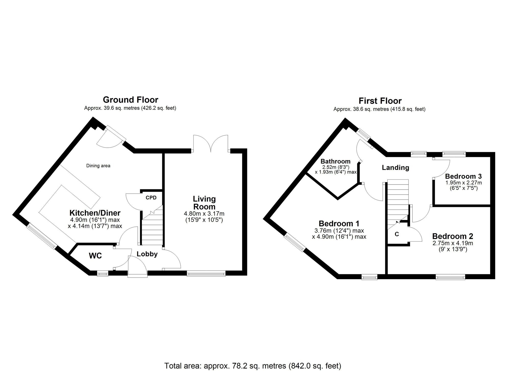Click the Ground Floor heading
click(130, 100)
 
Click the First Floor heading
click(380, 101)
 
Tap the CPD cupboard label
click(151, 197)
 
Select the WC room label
click(95, 256)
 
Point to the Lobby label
click(147, 254)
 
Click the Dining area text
click(98, 166)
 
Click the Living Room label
click(204, 203)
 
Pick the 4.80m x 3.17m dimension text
click(204, 214)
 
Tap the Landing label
click(395, 168)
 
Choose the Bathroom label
click(335, 161)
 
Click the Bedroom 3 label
click(463, 176)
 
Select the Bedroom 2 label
click(452, 236)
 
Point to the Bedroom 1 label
click(339, 224)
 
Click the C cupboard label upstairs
click(397, 234)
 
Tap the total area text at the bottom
click(253, 366)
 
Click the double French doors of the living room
click(211, 144)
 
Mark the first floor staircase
click(398, 202)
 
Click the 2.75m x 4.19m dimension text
click(452, 243)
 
